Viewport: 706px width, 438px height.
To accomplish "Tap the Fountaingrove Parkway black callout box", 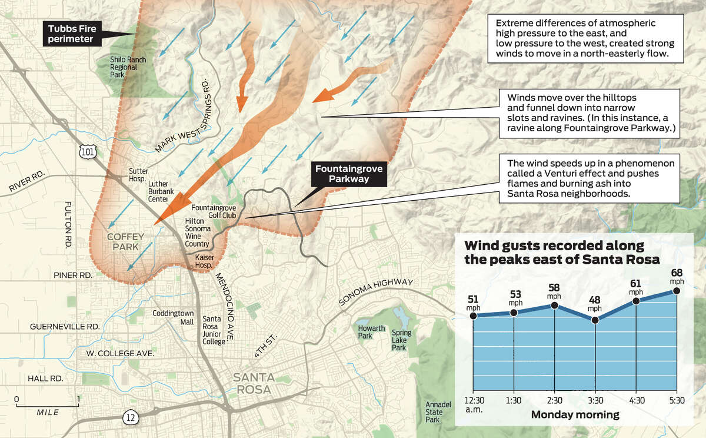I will point(349,174).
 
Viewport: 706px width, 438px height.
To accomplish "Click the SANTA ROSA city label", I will point(252,383).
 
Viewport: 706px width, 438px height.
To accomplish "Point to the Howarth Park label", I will point(371,332).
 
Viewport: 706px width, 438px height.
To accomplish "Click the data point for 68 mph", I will point(676,291).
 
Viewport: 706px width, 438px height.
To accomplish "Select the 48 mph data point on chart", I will point(595,320).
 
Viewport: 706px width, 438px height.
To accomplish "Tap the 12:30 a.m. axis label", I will point(473,404).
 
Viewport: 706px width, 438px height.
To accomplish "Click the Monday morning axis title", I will point(575,415).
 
